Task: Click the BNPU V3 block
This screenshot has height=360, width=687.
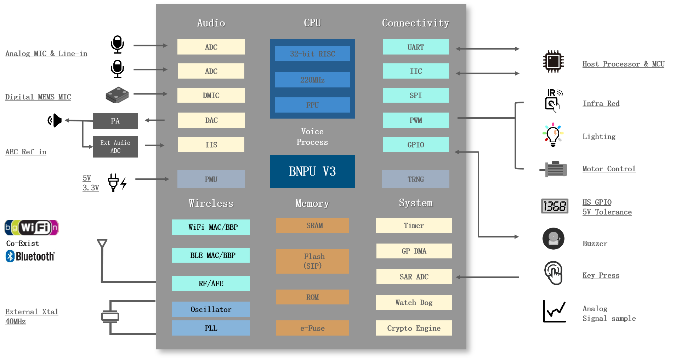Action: coord(312,171)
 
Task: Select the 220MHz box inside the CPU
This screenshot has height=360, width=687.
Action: coord(312,80)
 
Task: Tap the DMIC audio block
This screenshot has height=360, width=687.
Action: coord(211,95)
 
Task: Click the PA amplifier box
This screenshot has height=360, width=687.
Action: coord(115,121)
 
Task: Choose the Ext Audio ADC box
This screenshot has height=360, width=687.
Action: coord(115,147)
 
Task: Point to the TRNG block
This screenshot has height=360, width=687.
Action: coord(415,179)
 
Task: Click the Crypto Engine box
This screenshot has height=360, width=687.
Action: coord(414,328)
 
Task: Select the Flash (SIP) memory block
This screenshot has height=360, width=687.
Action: coord(312,261)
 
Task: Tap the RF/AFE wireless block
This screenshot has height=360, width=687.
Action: coord(211,283)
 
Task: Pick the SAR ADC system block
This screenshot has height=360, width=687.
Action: coord(414,277)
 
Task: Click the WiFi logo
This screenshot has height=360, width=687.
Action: coord(32,227)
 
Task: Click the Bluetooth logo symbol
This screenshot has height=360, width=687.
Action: coord(10,256)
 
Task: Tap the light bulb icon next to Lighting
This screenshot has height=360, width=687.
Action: coord(553,135)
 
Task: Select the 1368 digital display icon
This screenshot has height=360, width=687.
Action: coord(554,206)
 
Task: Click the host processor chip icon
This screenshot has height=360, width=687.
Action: coord(553,62)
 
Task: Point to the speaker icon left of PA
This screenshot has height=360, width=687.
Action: coord(55,121)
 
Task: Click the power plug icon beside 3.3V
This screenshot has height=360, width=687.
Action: coord(114,182)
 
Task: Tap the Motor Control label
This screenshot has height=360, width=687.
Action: coord(609,169)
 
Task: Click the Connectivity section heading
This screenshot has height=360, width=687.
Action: coord(415,23)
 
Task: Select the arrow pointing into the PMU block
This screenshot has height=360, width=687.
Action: coord(152,179)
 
